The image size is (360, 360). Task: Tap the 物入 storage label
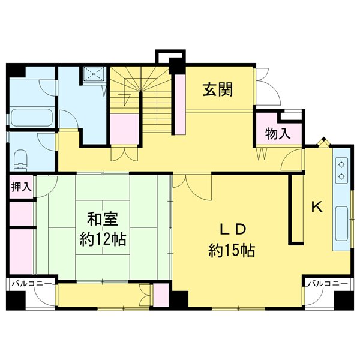(278, 134)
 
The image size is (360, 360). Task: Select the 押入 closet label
(22, 187)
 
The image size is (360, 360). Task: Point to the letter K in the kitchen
(316, 207)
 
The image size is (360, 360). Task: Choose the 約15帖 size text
(232, 250)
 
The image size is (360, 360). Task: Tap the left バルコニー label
(31, 283)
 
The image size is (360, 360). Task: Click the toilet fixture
(21, 159)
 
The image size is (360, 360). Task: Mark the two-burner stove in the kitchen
(341, 169)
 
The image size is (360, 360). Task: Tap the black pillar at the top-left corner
(16, 70)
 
